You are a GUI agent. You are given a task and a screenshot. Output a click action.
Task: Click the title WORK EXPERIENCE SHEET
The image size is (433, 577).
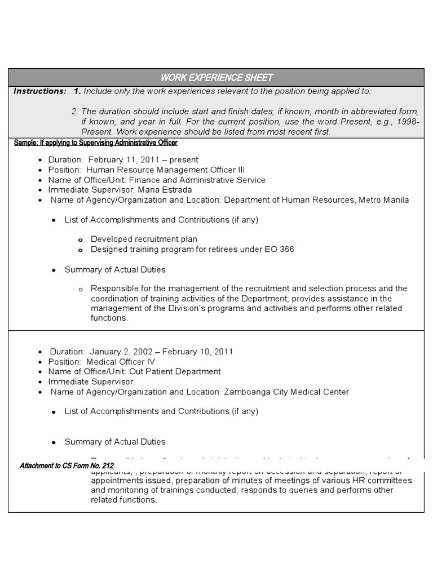tap(216, 77)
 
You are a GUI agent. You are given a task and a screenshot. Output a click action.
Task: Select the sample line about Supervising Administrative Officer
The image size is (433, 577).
tap(96, 143)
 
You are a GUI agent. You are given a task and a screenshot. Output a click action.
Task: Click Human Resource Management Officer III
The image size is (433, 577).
tap(165, 170)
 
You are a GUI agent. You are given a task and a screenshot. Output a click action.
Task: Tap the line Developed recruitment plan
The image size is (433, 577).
tap(144, 239)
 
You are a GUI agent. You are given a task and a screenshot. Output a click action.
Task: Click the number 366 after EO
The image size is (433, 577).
tap(286, 249)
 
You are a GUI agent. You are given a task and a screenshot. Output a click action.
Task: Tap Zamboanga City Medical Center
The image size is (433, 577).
tap(286, 392)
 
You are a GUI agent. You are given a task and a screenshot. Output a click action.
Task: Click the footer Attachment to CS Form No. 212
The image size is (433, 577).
tap(67, 466)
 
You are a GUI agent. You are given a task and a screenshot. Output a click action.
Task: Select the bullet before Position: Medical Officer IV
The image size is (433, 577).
tap(40, 362)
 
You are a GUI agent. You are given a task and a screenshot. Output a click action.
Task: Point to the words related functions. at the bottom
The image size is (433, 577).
tap(123, 500)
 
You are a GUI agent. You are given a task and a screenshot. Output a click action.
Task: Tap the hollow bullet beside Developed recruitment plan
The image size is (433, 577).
tap(81, 240)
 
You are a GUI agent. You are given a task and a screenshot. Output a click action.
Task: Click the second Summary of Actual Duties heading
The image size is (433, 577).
tap(115, 442)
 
